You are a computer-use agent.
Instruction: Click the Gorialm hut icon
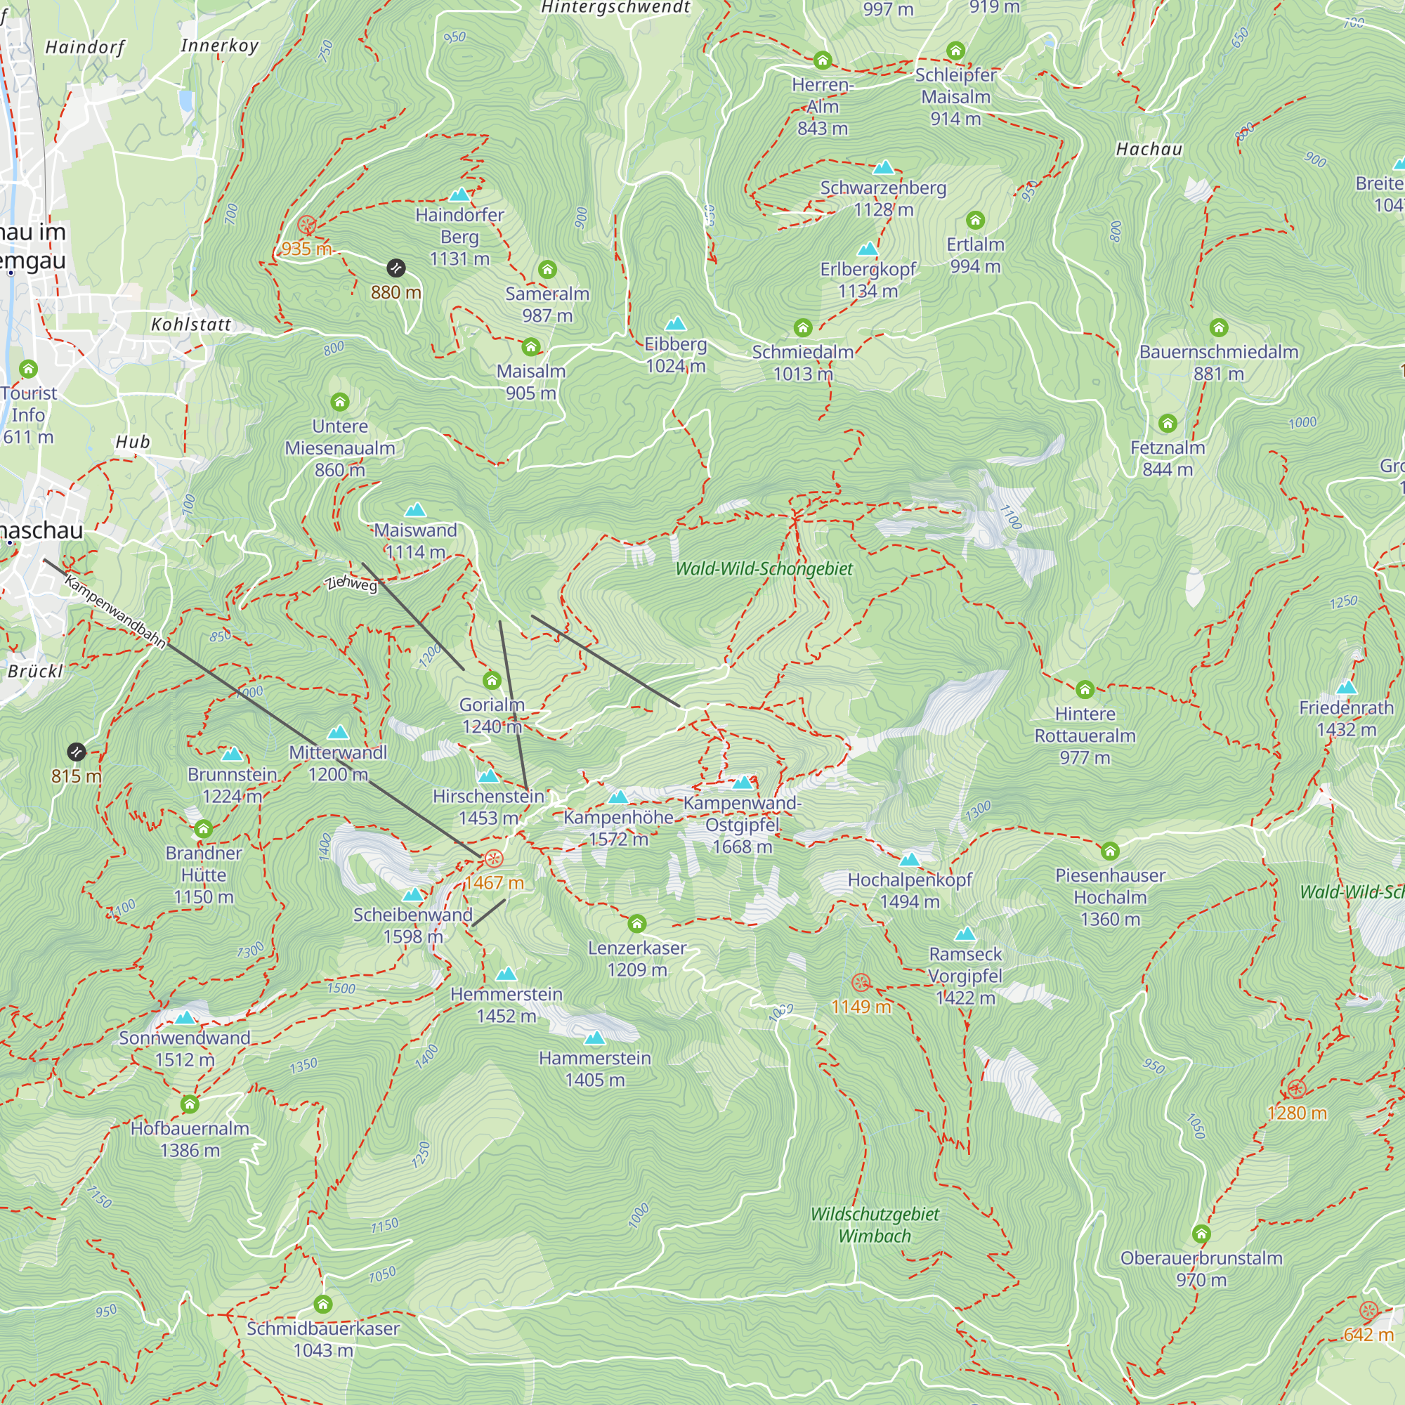[492, 681]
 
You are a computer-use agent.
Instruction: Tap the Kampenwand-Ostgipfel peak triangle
[743, 783]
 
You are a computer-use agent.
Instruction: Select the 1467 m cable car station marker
[493, 859]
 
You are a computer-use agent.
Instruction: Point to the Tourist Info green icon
[28, 369]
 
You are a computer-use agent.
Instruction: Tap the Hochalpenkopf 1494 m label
[909, 891]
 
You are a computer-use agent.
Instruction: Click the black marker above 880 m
[396, 268]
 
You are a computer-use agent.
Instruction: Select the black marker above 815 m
[77, 752]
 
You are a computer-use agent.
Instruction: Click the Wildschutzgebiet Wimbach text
[874, 1224]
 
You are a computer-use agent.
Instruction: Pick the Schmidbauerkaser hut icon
[323, 1304]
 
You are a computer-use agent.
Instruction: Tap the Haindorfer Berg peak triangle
[459, 195]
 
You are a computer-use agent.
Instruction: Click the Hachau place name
[1149, 149]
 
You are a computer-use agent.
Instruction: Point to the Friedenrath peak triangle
[1346, 687]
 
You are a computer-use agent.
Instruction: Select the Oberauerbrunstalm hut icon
[1201, 1234]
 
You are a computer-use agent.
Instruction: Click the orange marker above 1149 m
[861, 983]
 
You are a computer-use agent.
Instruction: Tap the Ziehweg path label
[352, 583]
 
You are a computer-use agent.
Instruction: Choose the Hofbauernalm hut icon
[190, 1104]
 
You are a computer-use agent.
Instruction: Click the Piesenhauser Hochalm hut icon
[1110, 851]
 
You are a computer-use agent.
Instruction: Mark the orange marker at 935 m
[307, 225]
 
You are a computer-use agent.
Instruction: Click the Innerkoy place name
[219, 46]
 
